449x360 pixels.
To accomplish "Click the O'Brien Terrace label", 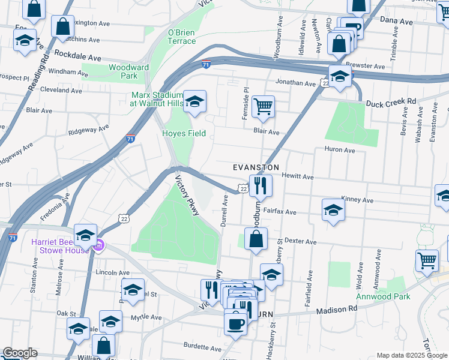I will point(181,37).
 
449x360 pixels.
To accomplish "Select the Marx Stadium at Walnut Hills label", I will point(157,99).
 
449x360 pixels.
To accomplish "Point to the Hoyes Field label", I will point(184,133).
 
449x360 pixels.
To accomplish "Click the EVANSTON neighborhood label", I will point(256,167).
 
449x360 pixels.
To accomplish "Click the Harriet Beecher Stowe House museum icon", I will point(100,245).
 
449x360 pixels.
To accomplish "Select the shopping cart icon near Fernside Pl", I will point(263,107).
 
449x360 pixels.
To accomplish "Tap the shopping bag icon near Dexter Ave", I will point(256,239).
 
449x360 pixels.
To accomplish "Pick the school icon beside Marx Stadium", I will point(194,102).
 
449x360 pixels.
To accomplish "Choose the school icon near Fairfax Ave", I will point(333,211).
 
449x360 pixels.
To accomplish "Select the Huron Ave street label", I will point(340,149).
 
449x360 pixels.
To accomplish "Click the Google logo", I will point(20,353).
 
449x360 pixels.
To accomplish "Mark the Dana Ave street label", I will point(396,20).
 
